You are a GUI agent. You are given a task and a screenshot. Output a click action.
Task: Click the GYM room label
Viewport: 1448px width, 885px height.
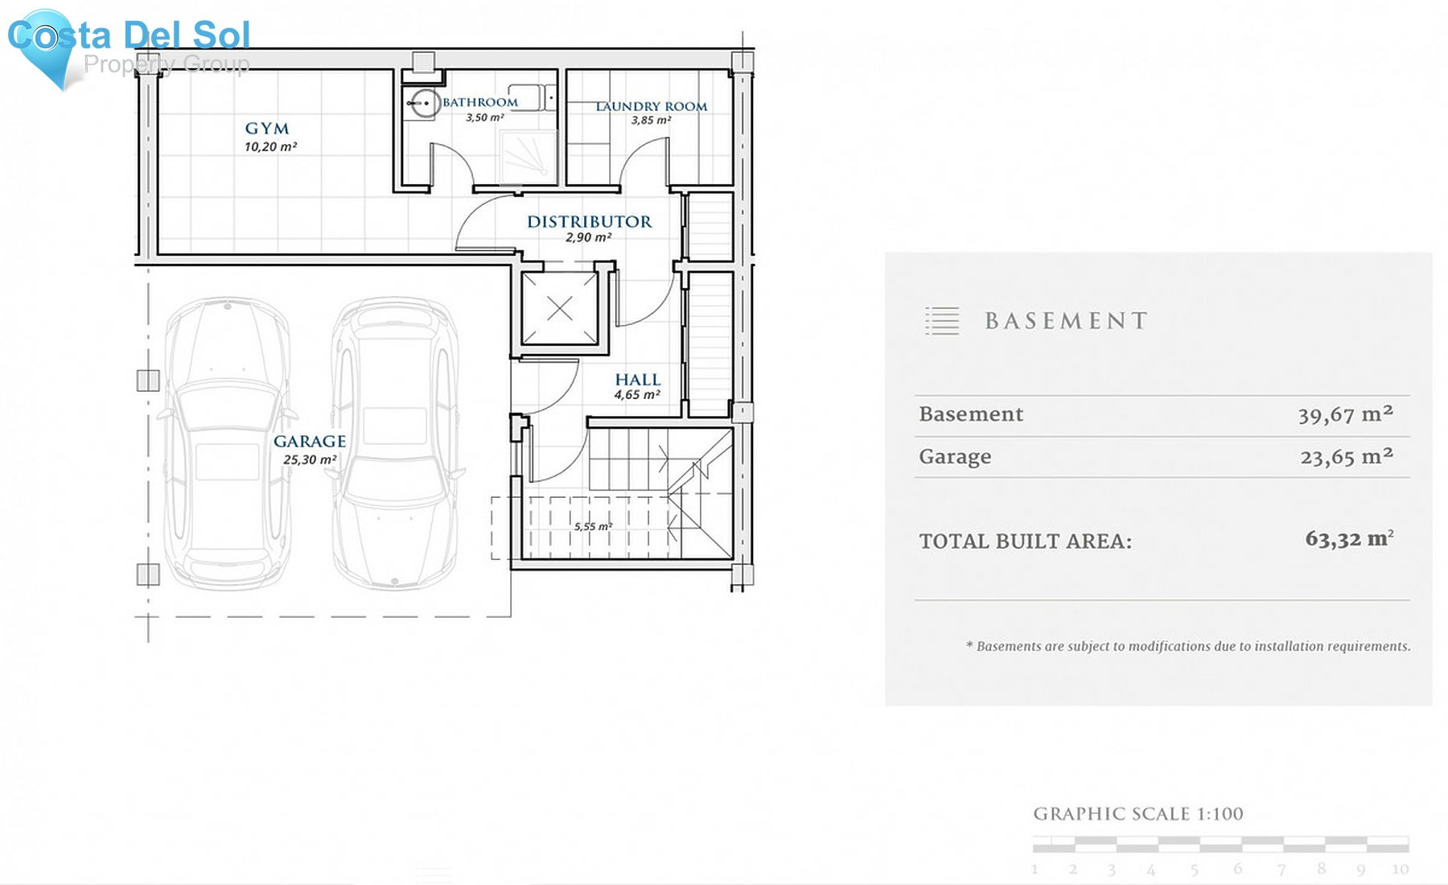coord(267,129)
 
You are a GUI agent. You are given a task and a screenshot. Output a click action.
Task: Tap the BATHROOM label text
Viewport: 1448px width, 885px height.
coord(480,102)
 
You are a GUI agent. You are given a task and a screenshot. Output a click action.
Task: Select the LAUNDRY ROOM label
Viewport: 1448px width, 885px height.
coord(652,106)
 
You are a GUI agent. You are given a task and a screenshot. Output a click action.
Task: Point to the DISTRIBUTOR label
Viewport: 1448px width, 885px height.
coord(590,222)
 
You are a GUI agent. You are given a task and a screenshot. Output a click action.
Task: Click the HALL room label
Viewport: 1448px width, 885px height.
coord(638,380)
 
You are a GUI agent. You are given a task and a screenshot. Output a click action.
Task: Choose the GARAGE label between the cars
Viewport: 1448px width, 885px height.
coord(310,441)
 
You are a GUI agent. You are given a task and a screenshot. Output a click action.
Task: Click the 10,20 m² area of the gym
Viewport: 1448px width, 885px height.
coord(271,146)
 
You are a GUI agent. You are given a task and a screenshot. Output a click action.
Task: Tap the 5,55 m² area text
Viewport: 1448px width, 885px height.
coord(593,526)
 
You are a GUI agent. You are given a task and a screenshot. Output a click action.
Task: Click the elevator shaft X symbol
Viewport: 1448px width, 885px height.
coord(560,308)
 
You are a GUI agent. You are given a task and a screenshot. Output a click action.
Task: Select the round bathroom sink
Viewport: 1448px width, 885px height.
coord(422,104)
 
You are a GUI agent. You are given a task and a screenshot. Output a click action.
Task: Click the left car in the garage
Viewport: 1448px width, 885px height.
coord(228,443)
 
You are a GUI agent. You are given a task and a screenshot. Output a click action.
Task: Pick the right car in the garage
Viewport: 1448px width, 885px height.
coord(395,443)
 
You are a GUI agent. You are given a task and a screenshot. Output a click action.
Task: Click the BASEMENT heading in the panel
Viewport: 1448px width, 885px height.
coord(1067,321)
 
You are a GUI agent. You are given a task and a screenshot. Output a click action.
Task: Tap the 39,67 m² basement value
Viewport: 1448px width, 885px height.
coord(1346,414)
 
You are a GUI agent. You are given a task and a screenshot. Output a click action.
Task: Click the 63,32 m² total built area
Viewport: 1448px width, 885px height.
coord(1350,538)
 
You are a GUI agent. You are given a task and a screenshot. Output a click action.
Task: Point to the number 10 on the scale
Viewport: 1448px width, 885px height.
coord(1401,869)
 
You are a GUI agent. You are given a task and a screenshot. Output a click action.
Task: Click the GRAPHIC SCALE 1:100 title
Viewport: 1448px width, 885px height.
coord(1138,814)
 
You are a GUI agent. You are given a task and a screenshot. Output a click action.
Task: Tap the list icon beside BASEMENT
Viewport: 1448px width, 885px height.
coord(942,321)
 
